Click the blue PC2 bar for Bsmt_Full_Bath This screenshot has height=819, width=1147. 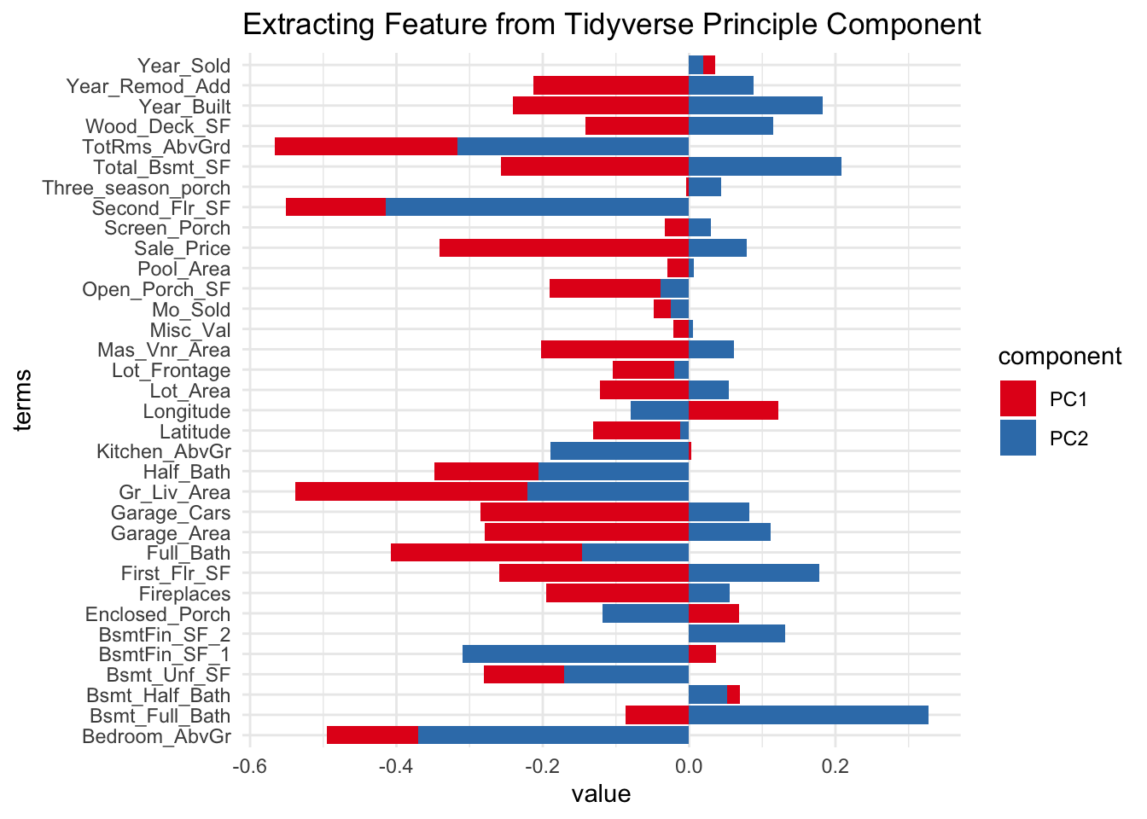(x=808, y=716)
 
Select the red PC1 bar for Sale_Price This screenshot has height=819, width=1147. (x=563, y=248)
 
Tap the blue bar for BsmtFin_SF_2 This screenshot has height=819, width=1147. (x=737, y=634)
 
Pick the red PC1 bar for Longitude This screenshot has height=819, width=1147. (x=733, y=411)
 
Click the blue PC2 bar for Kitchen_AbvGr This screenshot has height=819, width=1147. (x=620, y=451)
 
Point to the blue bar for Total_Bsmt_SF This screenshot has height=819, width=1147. (x=765, y=167)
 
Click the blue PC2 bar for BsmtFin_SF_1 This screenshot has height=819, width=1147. (x=575, y=654)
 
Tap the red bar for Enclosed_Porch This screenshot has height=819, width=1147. (x=713, y=614)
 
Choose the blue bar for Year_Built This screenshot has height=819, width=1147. (x=755, y=106)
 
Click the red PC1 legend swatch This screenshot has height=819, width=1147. (x=1018, y=398)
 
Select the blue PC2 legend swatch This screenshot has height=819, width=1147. (x=1018, y=439)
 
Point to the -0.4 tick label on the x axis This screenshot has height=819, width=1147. (x=395, y=764)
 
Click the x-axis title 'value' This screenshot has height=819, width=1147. (x=601, y=795)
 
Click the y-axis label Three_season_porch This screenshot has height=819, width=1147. (x=137, y=188)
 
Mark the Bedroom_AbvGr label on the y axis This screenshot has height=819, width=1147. (x=156, y=737)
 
